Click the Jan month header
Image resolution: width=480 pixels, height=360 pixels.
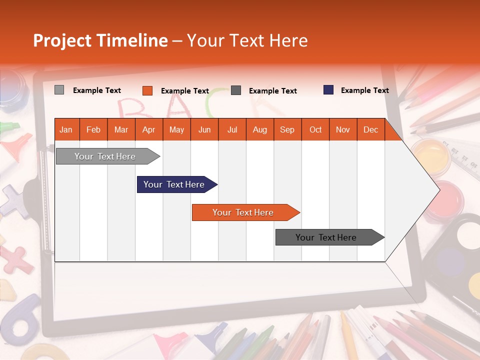(66, 129)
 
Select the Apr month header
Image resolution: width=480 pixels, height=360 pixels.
(148, 129)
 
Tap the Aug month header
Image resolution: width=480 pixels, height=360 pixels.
(259, 129)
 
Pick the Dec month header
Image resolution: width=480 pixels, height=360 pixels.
(370, 129)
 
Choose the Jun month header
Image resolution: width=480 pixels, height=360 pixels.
(204, 129)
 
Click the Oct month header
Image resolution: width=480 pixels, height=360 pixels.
(315, 129)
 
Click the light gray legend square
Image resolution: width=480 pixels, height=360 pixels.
(59, 90)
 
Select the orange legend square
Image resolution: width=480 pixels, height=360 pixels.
(147, 90)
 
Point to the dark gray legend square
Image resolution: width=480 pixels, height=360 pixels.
(236, 90)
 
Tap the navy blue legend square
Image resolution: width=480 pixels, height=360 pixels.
(328, 90)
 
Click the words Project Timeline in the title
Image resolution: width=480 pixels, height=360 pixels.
(100, 40)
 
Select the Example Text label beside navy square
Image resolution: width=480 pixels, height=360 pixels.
(364, 90)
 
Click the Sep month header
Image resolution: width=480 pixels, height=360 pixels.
(287, 129)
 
